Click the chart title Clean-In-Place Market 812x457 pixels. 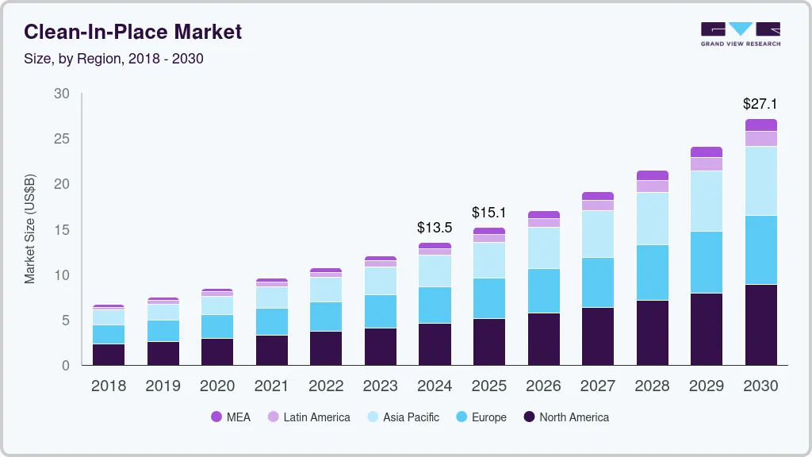(x=132, y=33)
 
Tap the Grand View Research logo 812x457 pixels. (x=740, y=34)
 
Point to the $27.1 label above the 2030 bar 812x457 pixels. (x=760, y=104)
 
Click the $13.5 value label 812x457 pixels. (x=435, y=228)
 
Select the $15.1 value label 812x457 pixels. (x=488, y=213)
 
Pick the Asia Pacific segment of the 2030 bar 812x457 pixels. (x=760, y=181)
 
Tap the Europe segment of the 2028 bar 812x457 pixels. (x=652, y=272)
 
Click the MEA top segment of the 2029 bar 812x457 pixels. (x=706, y=152)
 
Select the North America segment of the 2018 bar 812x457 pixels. (x=108, y=354)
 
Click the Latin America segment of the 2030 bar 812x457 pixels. (x=760, y=139)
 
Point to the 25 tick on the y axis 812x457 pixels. (x=62, y=139)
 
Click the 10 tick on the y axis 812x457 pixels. (x=62, y=275)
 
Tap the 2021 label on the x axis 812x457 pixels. (x=271, y=386)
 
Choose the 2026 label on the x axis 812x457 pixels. (x=543, y=386)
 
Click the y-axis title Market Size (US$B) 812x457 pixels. (x=30, y=229)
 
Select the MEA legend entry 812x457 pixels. (x=231, y=417)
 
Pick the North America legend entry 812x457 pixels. (x=566, y=417)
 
